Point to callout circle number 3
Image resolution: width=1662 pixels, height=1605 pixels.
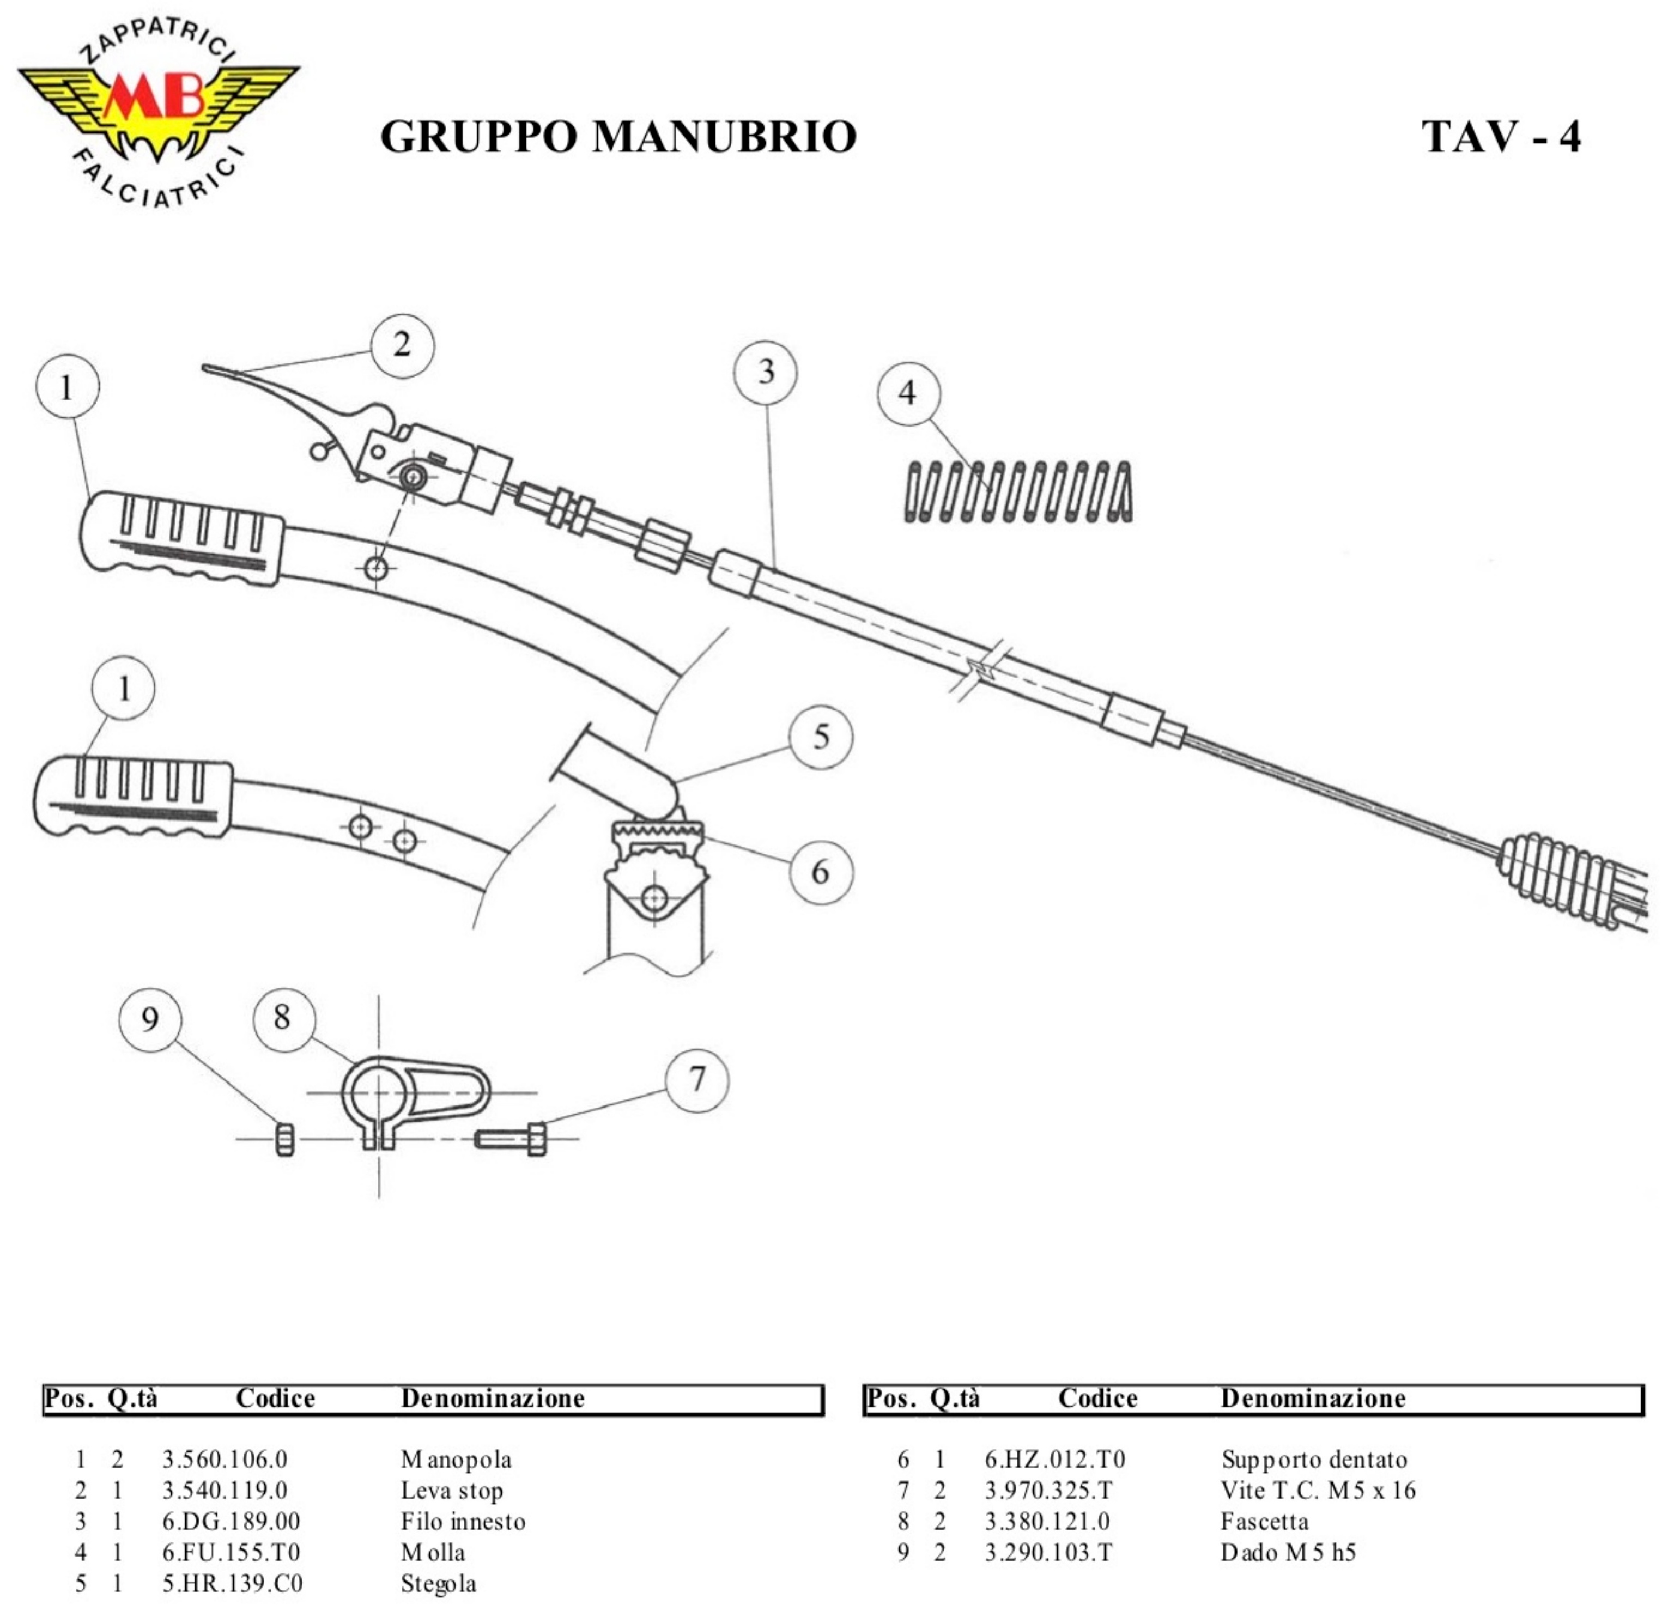pyautogui.click(x=766, y=372)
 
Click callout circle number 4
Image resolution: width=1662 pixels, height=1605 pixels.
pyautogui.click(x=907, y=393)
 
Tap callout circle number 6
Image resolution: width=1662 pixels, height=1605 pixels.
pyautogui.click(x=821, y=872)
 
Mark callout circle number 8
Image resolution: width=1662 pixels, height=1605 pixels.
pyautogui.click(x=284, y=1018)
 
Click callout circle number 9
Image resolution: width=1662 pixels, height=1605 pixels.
pyautogui.click(x=150, y=1019)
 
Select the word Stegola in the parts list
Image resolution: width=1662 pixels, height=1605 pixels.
pyautogui.click(x=439, y=1584)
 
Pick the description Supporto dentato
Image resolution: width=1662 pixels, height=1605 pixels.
pyautogui.click(x=1313, y=1460)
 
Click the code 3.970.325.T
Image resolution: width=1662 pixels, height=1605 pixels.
pyautogui.click(x=1048, y=1491)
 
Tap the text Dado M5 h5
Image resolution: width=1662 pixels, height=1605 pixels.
pyautogui.click(x=1288, y=1553)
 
